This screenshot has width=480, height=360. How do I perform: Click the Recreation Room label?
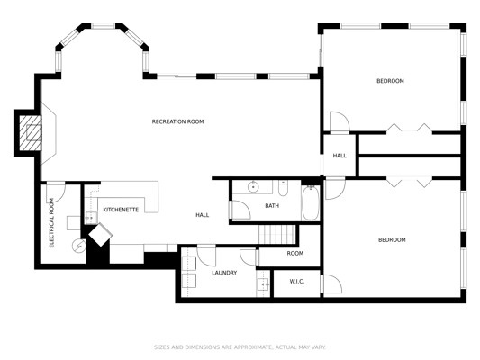pos(177,121)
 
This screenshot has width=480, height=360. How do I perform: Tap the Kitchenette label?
pos(121,210)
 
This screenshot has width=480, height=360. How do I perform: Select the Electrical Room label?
pos(51,223)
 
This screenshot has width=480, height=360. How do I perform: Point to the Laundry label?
pos(224,273)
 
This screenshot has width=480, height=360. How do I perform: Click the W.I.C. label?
pos(297,282)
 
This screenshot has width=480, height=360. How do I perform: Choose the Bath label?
pos(272,206)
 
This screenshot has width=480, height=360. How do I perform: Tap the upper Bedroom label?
pos(390,81)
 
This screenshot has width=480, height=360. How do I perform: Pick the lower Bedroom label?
pos(392,239)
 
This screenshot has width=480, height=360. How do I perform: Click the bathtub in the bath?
pos(311,202)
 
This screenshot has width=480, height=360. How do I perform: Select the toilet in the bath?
pos(283,188)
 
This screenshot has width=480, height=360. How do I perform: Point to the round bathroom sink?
pos(253,187)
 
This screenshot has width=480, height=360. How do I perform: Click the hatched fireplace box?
pos(31,133)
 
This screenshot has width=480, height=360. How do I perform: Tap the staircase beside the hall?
pos(277,235)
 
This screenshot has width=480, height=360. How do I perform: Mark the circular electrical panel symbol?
pos(78,245)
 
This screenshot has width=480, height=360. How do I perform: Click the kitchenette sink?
pos(91,218)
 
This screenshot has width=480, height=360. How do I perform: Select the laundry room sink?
pos(263,284)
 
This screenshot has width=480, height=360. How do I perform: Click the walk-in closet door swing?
pos(331,283)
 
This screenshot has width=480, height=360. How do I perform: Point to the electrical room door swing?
pos(56,193)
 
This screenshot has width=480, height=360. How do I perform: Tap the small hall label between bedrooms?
pos(340,156)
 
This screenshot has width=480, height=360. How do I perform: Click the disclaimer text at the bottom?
pos(240,347)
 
